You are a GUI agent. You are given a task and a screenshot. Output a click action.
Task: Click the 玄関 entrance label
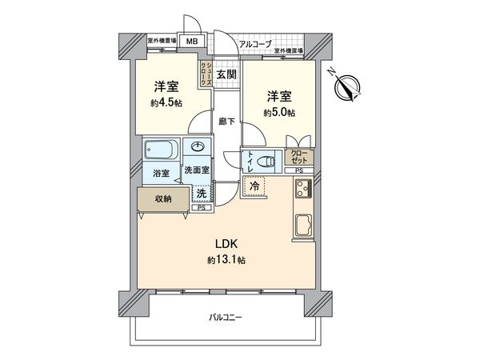point(226,75)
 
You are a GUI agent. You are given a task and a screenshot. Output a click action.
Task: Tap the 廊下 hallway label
point(226,122)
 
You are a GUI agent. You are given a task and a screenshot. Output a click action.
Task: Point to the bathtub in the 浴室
point(161,150)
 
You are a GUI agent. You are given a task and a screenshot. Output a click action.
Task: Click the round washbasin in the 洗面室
point(196,147)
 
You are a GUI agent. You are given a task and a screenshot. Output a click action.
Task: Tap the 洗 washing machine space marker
point(202,193)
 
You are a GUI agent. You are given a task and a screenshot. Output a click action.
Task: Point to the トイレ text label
point(251,159)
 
